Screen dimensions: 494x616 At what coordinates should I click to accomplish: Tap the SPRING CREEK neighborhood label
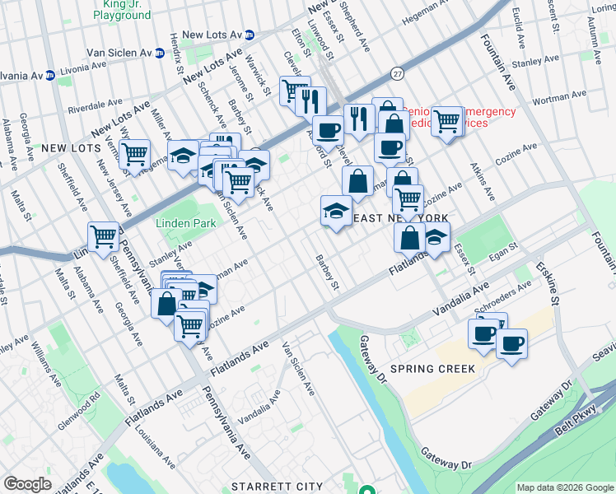coord(433,369)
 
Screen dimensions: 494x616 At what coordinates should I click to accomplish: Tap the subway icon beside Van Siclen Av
coord(161,52)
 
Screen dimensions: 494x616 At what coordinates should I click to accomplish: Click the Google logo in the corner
coord(27,484)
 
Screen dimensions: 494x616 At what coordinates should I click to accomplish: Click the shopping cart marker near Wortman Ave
coord(446,121)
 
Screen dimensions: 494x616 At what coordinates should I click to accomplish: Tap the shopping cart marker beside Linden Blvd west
coord(104,236)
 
